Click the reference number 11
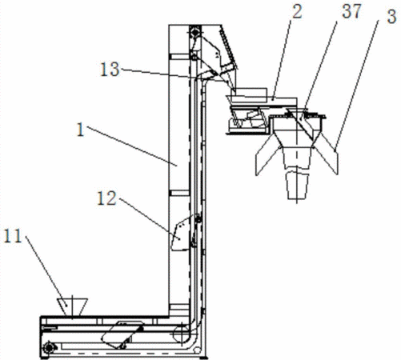coord(13,236)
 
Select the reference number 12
coord(106,198)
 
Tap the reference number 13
coord(110,70)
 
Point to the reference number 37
coord(351,11)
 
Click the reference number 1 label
coord(80,130)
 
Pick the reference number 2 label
coord(297,11)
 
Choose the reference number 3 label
coord(391,16)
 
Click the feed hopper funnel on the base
coord(72,307)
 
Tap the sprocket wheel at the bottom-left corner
coord(49,348)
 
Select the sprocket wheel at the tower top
coord(195,33)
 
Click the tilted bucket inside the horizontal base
coord(122,335)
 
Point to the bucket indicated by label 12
coord(181,233)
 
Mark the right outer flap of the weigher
coord(326,154)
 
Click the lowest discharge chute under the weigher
coord(297,186)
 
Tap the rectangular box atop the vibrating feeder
coord(249,95)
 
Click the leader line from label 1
coord(131,146)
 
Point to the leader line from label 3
coord(357,86)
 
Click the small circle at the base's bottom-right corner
coord(197,350)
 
